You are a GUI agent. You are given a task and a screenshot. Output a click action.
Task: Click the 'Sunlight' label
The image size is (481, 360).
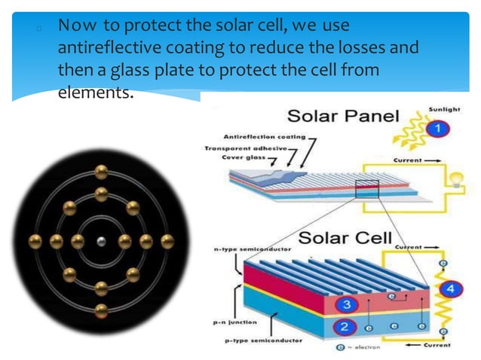pos(444,108)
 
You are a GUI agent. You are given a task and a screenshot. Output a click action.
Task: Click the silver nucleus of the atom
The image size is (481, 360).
pos(101,242)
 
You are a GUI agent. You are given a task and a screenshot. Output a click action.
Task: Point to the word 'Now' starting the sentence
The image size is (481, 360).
pos(72,28)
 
